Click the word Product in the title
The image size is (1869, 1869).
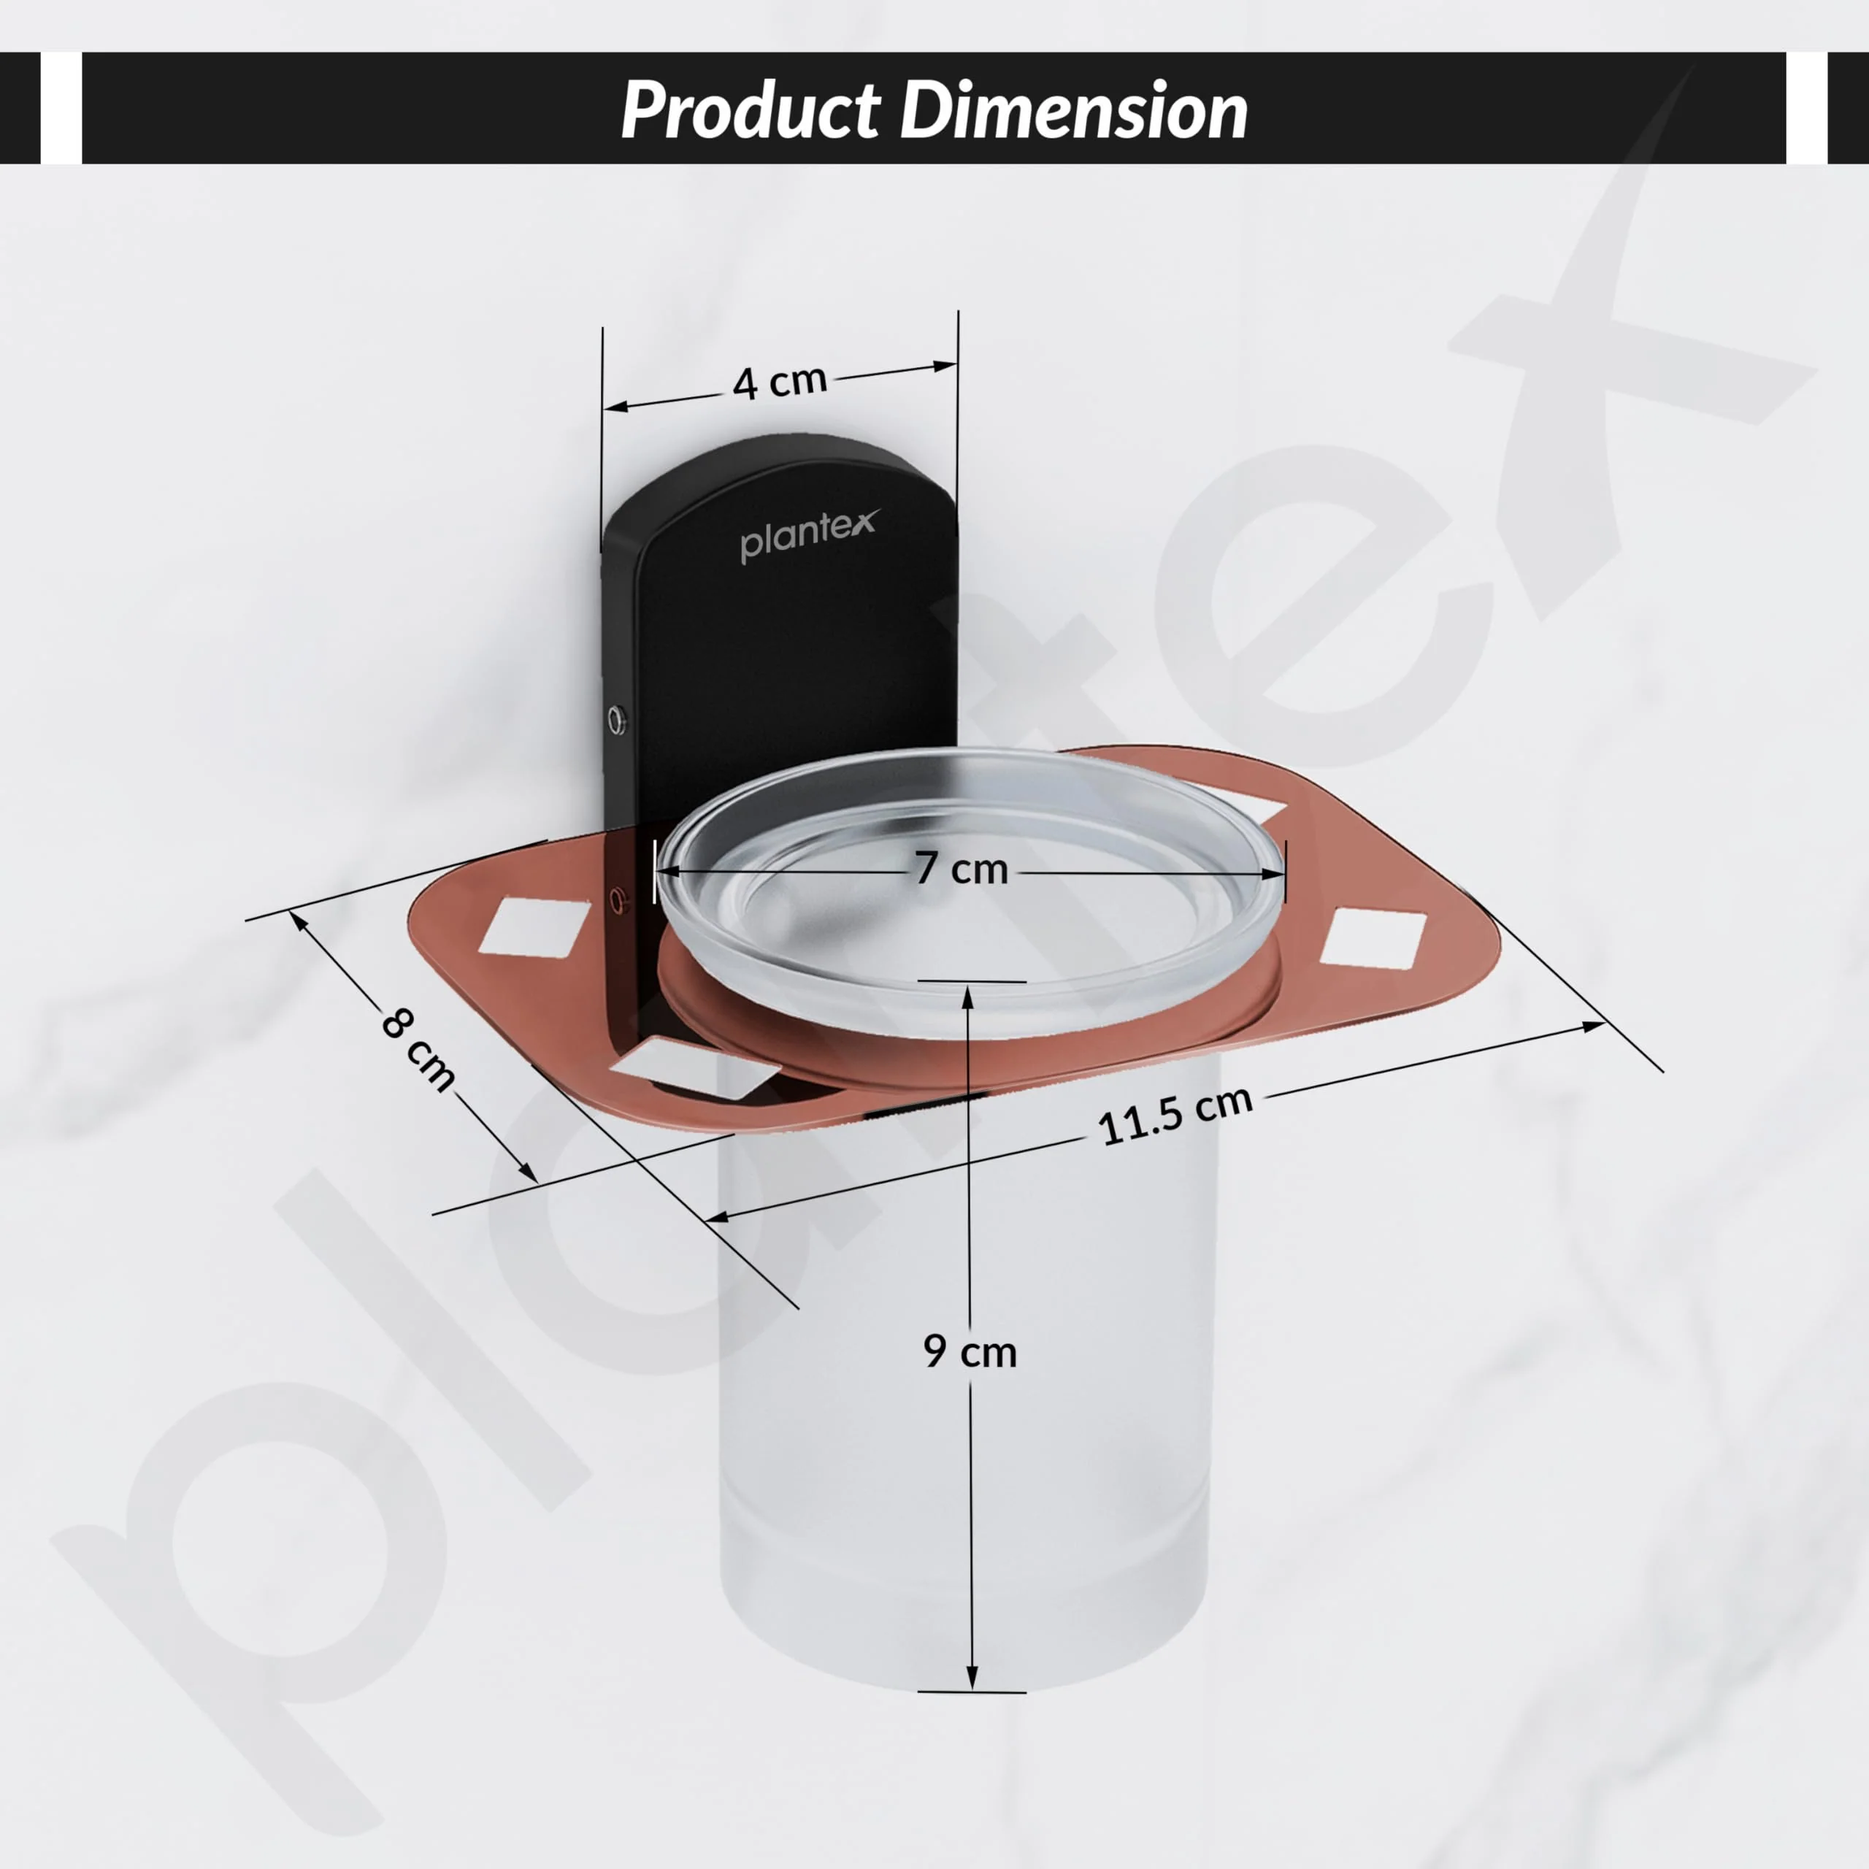751,110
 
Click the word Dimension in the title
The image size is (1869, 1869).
1074,110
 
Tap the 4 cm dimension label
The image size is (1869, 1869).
780,381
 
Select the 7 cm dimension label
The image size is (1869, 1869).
962,869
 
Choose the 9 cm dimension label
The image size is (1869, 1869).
970,1351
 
